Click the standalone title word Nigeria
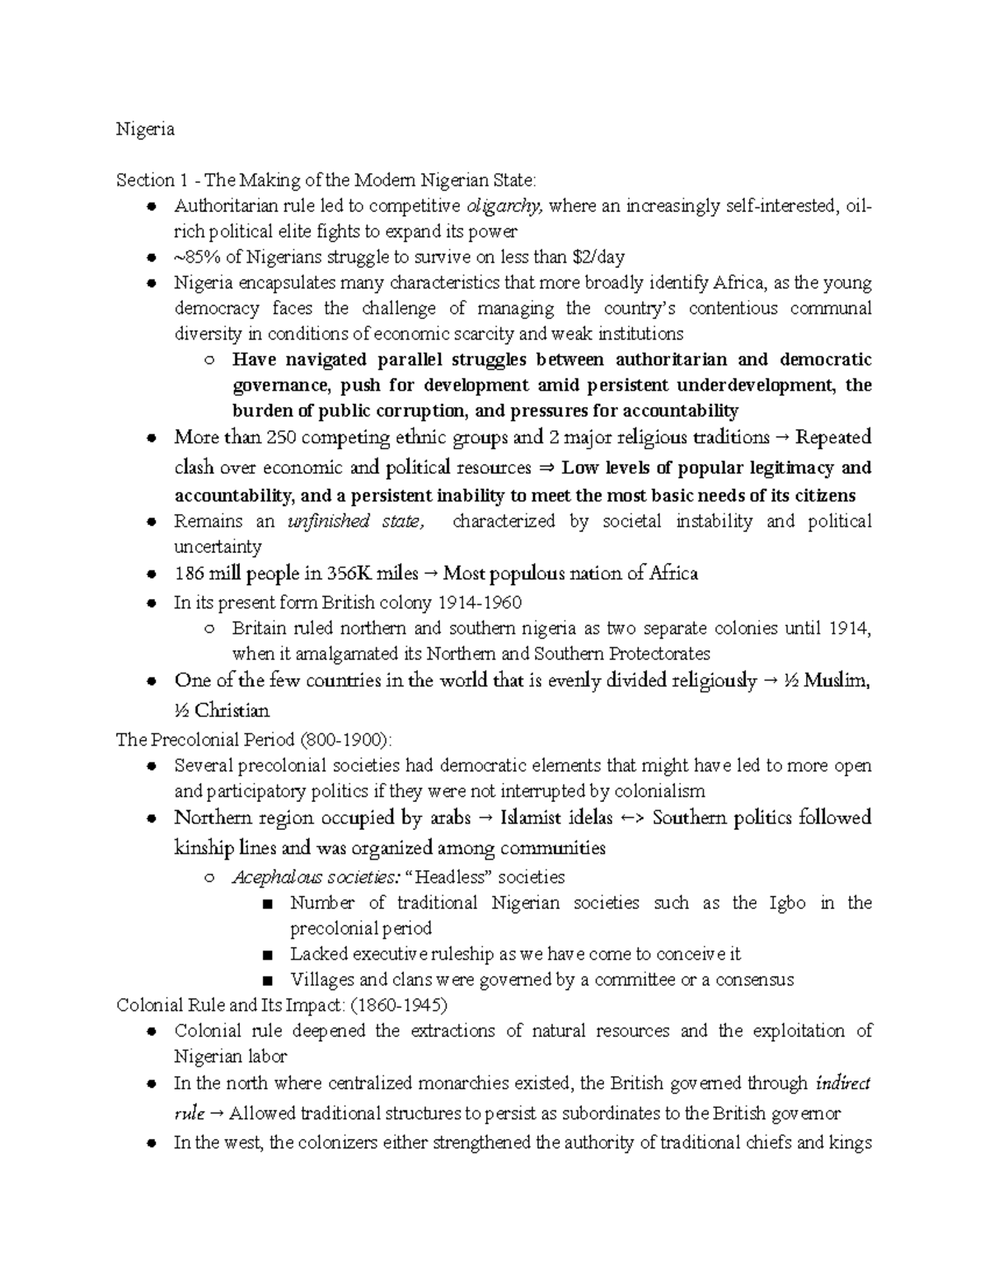click(x=145, y=129)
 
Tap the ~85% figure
click(x=197, y=257)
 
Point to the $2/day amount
click(x=598, y=257)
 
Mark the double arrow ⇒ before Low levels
click(x=546, y=468)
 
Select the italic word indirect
click(x=842, y=1083)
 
